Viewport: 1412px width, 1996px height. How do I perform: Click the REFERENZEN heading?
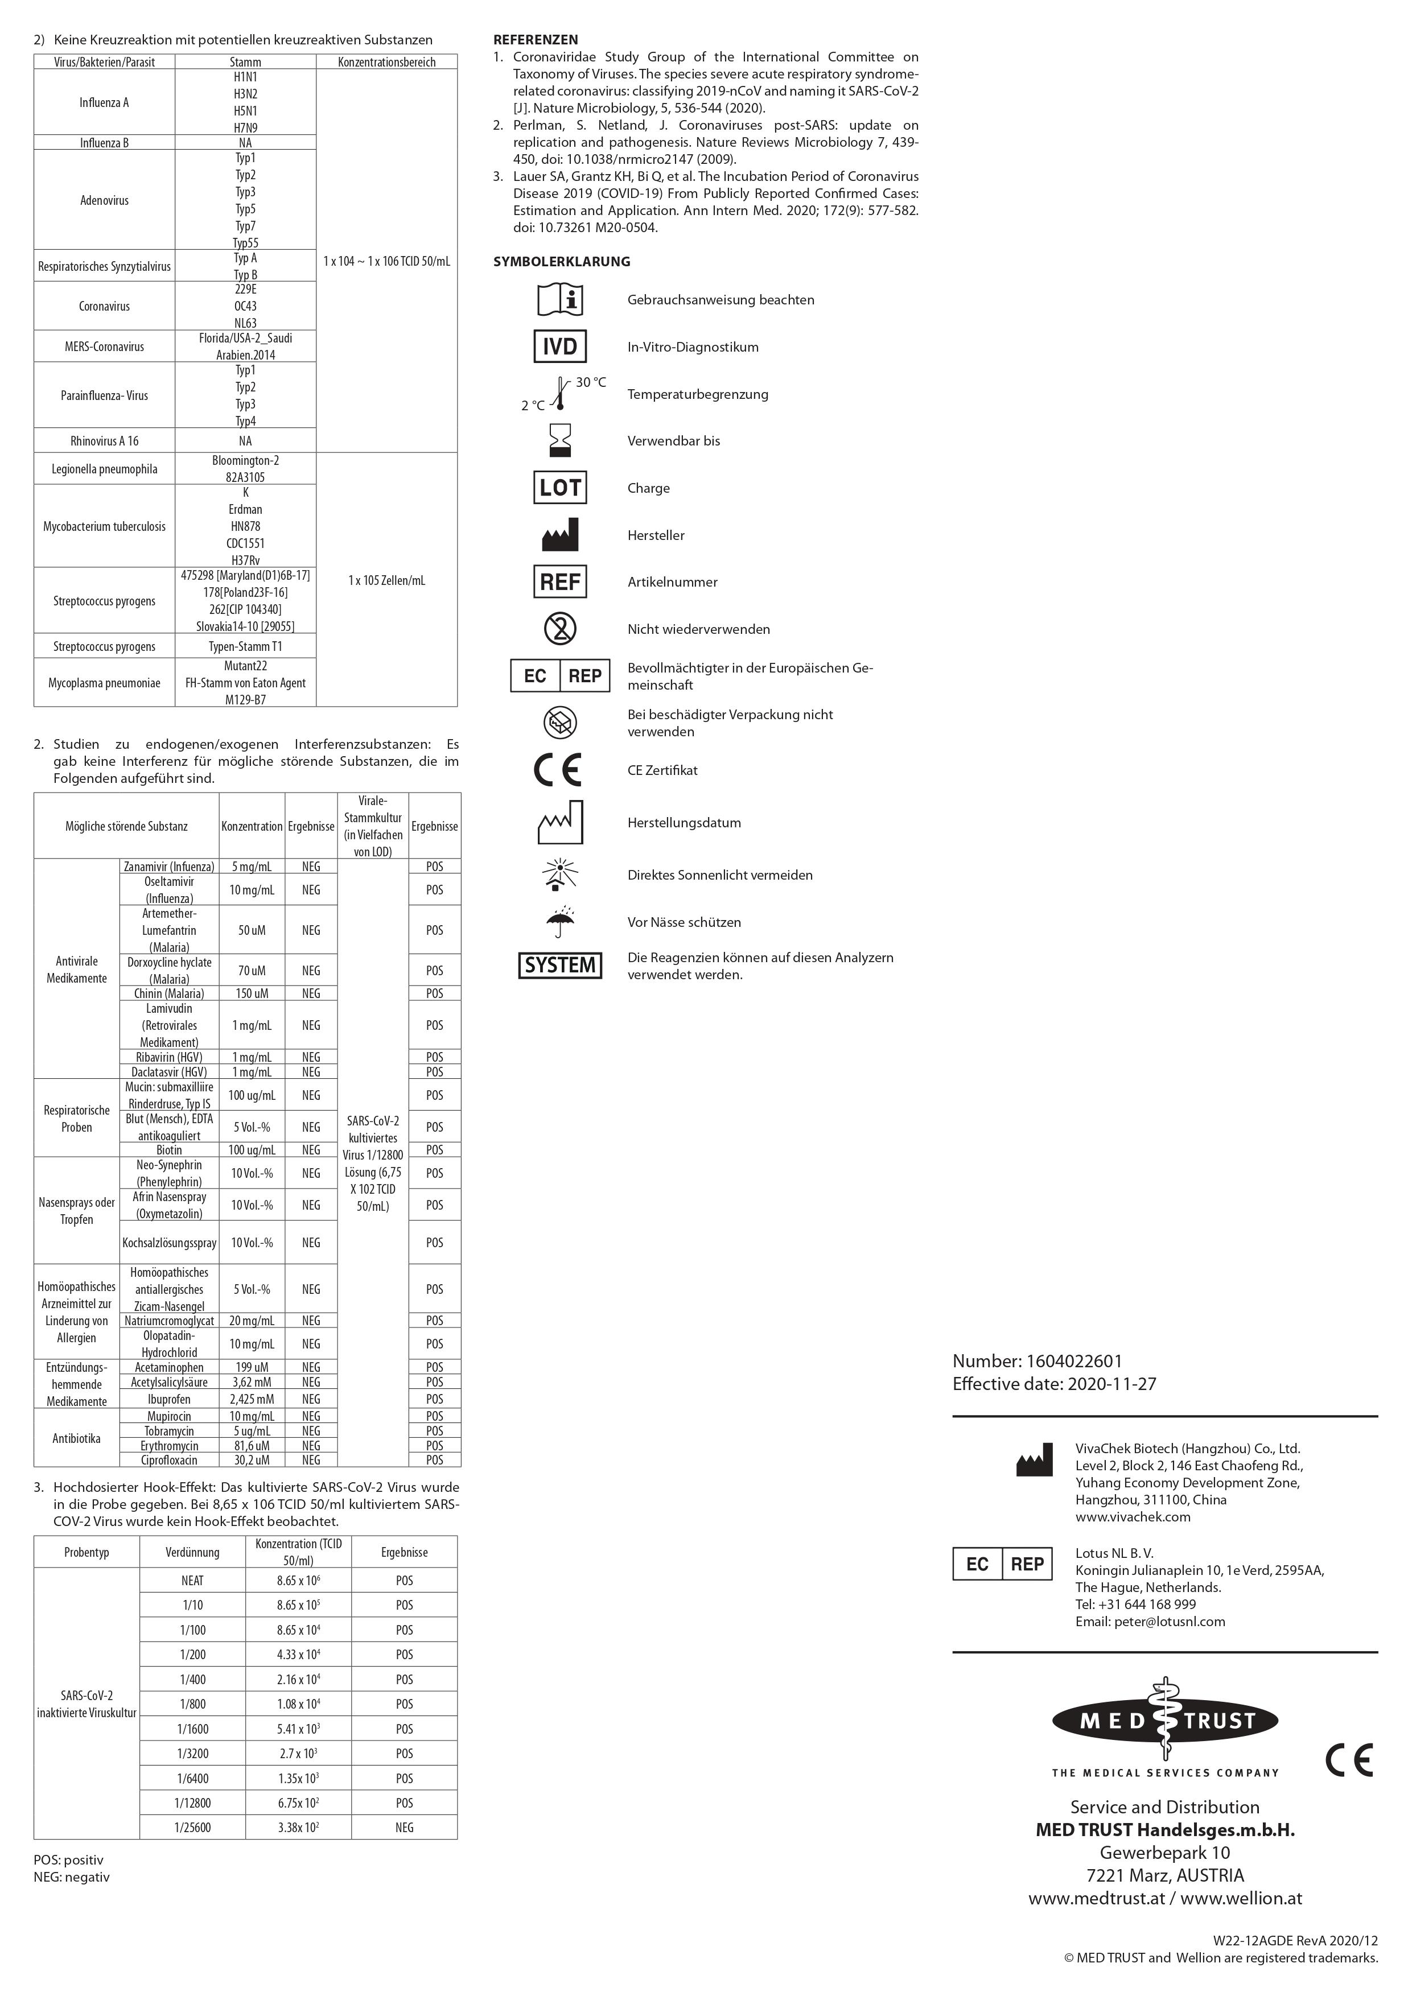[535, 40]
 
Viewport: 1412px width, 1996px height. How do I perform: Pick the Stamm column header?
[245, 61]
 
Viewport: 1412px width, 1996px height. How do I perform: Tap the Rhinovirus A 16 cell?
[104, 441]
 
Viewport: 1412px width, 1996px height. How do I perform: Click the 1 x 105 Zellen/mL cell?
[387, 580]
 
